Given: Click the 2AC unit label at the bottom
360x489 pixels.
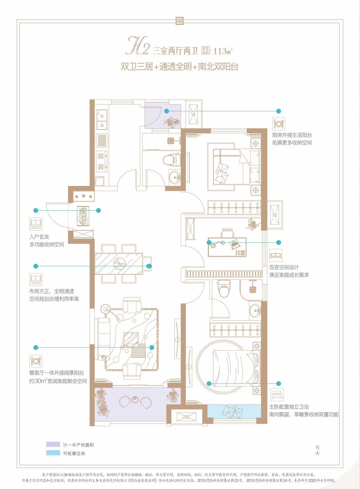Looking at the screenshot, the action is point(186,417).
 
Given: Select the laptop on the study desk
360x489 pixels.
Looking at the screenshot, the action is point(235,244).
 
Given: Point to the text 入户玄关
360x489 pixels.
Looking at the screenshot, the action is point(39,237).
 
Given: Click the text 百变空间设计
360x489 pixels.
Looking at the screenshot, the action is point(284,267).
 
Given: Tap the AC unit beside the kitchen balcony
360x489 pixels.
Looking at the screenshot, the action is point(194,114).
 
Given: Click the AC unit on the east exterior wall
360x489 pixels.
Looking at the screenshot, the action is point(275,215).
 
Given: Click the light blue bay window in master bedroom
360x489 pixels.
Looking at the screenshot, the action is point(234,411).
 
